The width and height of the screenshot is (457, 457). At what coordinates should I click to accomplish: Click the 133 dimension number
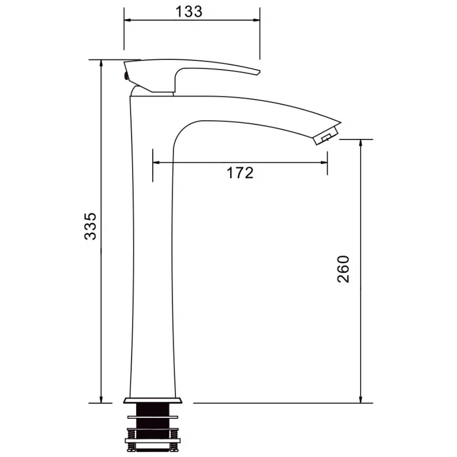coord(189,12)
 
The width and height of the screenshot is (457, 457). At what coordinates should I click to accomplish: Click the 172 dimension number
coord(240,173)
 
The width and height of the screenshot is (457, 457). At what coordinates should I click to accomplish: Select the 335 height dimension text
coord(90,226)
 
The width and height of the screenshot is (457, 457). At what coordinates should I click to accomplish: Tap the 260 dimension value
coord(343,269)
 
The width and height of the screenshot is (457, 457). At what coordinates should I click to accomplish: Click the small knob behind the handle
coord(126,76)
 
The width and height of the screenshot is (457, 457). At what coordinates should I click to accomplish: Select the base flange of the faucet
coord(153,400)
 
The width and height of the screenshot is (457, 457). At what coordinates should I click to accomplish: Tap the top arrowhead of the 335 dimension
coord(101,64)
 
